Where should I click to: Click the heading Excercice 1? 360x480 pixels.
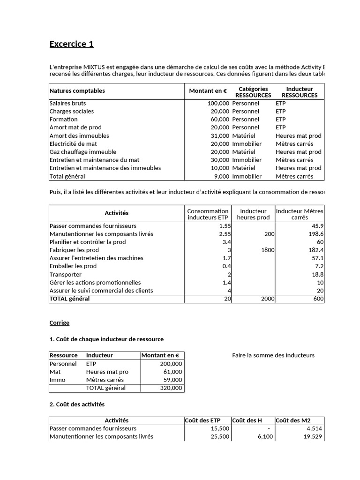[71, 45]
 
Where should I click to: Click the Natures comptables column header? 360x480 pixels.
[77, 91]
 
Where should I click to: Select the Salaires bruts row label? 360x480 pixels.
[67, 103]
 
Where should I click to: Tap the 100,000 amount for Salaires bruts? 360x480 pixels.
[218, 103]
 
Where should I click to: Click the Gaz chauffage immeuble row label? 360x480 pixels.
[82, 152]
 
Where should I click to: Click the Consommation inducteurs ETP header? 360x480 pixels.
[208, 214]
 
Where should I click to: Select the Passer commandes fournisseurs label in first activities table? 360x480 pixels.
[93, 226]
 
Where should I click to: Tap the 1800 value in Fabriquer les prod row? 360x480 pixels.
[268, 250]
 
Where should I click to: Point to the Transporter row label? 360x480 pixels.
[65, 274]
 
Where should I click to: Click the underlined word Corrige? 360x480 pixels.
[59, 323]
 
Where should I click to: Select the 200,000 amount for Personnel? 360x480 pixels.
[172, 364]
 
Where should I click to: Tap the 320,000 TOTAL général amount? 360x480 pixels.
[172, 388]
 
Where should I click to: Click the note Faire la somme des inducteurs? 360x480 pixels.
[273, 355]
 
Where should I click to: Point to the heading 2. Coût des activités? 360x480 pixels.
[77, 404]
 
